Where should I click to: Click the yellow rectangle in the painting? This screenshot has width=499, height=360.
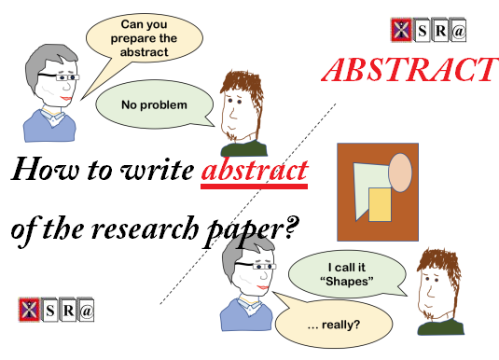click(380, 204)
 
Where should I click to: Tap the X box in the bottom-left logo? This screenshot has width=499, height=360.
click(28, 309)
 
